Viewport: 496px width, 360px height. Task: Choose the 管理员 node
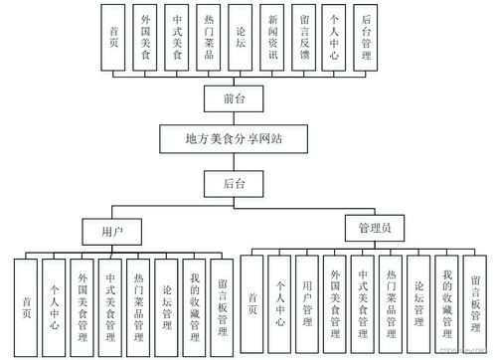tap(374, 229)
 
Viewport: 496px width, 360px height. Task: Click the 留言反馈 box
tap(303, 38)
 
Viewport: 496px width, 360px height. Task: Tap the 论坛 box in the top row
tap(240, 38)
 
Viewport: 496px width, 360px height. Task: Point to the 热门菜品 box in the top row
tap(208, 38)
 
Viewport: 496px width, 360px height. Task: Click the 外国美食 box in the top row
tap(146, 38)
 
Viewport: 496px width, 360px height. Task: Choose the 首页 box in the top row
tap(115, 38)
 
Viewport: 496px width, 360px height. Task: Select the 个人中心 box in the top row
tap(334, 38)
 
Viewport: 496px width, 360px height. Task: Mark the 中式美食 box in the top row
tap(177, 38)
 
